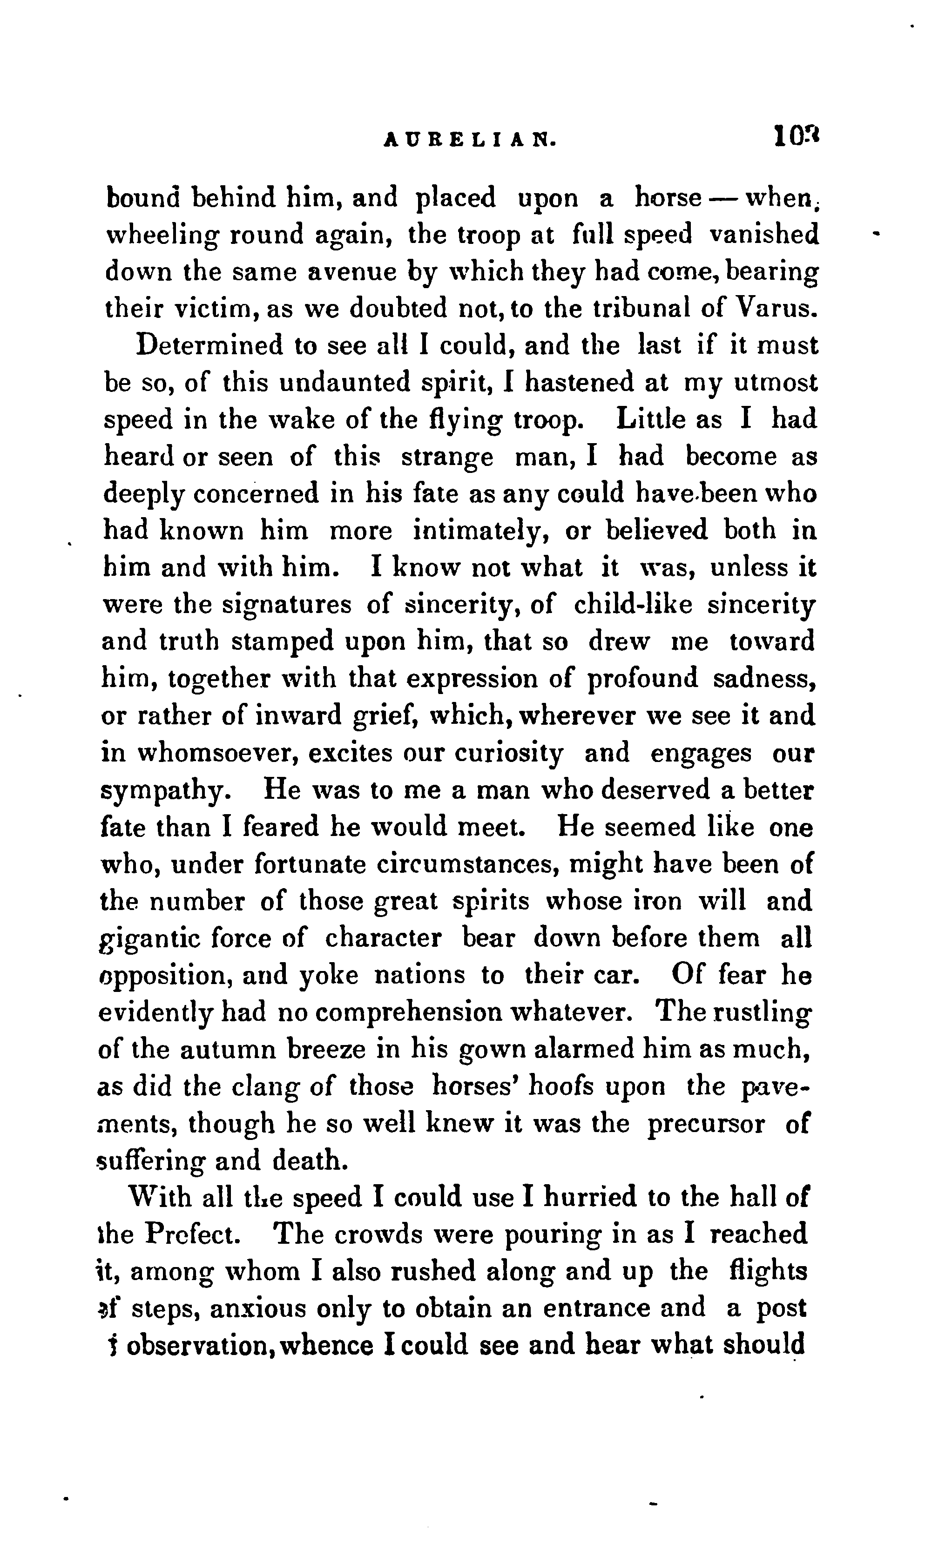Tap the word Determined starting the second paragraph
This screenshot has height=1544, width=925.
point(209,345)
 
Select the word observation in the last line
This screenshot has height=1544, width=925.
point(199,1345)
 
